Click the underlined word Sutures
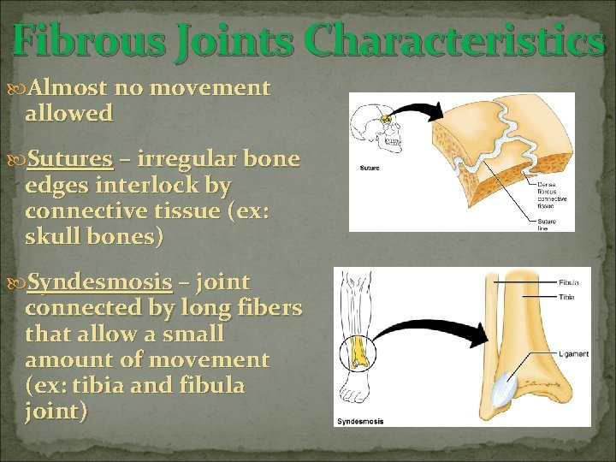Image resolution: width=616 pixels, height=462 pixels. point(70,159)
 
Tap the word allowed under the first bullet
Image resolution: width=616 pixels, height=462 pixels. point(68,113)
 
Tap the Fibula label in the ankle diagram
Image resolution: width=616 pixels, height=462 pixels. point(568,281)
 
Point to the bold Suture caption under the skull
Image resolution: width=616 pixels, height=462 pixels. point(370,168)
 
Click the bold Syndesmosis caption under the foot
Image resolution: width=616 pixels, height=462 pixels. point(360,421)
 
